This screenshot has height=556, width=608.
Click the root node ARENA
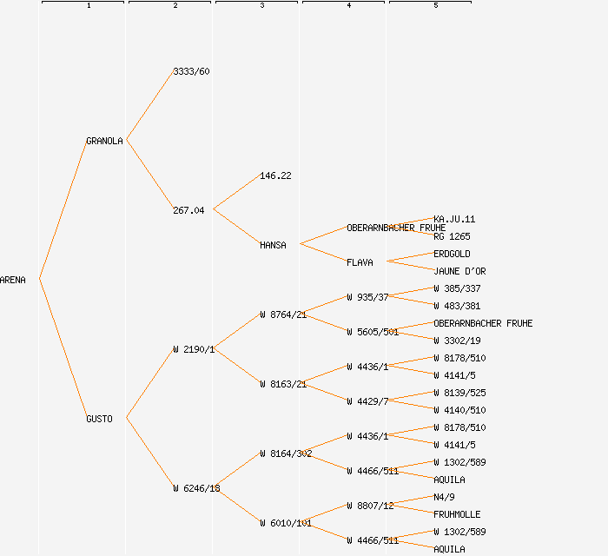pos(13,280)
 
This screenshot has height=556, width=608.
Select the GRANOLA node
pos(104,141)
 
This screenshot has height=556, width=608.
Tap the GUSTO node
pos(99,419)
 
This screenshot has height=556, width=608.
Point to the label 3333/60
pos(191,71)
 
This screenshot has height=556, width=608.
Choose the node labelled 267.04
pos(188,210)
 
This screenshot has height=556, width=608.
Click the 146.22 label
pos(275,175)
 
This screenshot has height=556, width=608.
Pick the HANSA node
pos(273,245)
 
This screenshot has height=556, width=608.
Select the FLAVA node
pos(360,262)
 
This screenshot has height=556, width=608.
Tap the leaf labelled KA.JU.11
pos(454,219)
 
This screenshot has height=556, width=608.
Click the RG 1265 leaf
pos(452,236)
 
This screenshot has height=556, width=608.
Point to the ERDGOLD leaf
pos(452,254)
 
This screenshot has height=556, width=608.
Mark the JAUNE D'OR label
pos(459,271)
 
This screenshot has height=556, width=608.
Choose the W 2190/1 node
pos(194,349)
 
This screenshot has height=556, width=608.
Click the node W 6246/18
pos(196,488)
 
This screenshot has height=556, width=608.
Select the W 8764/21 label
pos(283,314)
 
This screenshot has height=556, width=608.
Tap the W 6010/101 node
pos(286,523)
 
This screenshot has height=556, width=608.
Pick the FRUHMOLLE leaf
pos(457,514)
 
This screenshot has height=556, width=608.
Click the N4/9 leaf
pos(444,497)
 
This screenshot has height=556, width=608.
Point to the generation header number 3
pos(261,6)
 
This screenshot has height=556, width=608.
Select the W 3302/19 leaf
pos(457,341)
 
